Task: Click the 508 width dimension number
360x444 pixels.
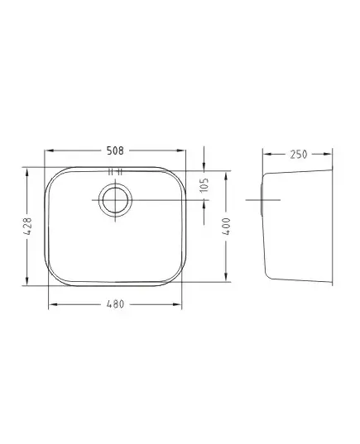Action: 115,150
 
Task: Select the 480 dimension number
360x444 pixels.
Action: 115,304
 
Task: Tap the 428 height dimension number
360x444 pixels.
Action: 27,227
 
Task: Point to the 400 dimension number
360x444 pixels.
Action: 227,227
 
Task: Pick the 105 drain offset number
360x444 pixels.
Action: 204,185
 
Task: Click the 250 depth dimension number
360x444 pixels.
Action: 299,155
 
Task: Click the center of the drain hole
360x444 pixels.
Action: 115,200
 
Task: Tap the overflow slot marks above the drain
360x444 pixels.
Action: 115,172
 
